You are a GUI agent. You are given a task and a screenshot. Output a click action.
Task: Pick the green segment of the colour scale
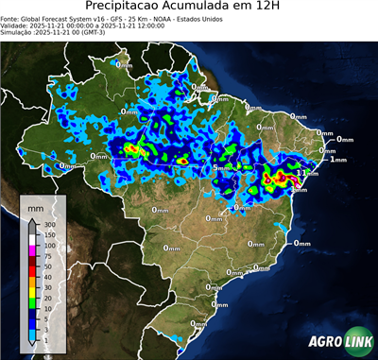tap(33, 303)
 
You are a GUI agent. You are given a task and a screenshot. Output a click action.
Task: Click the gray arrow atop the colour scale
tap(33, 219)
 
